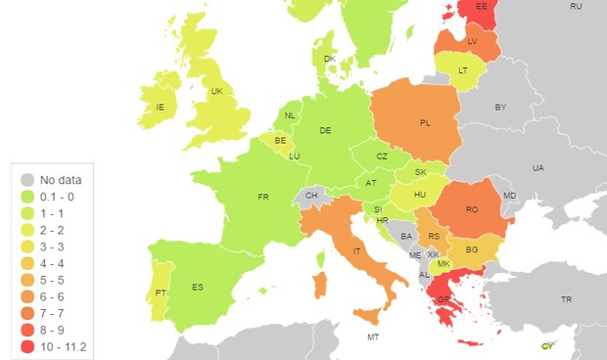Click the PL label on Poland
tap(425, 123)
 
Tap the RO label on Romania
tap(471, 209)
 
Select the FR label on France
tap(262, 198)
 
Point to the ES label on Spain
tap(198, 287)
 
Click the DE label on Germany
tap(325, 130)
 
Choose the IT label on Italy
tap(355, 251)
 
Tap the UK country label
tap(216, 92)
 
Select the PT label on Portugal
tap(160, 292)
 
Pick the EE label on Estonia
tap(481, 6)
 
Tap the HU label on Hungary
tap(420, 195)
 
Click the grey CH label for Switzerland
tap(311, 196)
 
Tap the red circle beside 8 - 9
tap(28, 329)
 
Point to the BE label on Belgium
tap(281, 141)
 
